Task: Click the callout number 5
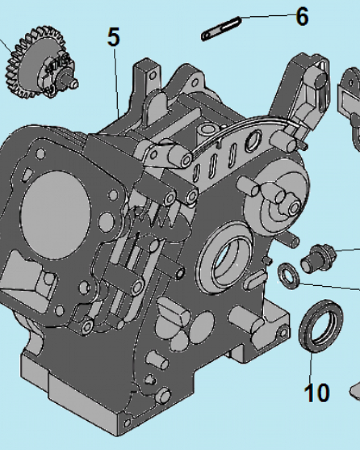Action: pos(114,37)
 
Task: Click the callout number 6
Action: pos(302,16)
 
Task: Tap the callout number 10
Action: pos(317,392)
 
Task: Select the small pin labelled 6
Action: pos(221,29)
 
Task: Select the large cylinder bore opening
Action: pos(55,215)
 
